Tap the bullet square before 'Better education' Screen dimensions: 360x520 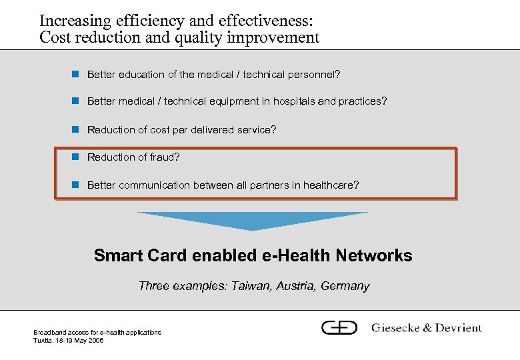pyautogui.click(x=76, y=74)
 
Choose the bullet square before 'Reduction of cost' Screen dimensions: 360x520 pyautogui.click(x=76, y=129)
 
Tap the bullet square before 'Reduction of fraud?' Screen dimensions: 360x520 pyautogui.click(x=76, y=157)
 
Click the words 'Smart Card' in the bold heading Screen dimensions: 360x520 pyautogui.click(x=141, y=255)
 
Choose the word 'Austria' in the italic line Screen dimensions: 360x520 pyautogui.click(x=295, y=286)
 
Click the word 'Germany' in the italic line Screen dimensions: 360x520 pyautogui.click(x=345, y=287)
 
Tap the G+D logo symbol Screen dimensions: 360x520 pyautogui.click(x=339, y=327)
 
